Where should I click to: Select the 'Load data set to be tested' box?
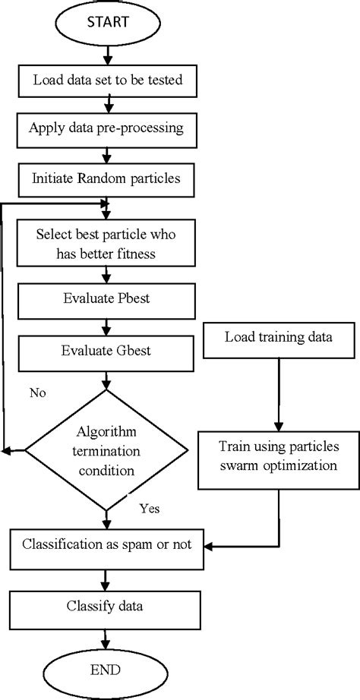pos(107,79)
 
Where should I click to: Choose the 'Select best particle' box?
pos(106,243)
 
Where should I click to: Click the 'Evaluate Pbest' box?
pos(106,300)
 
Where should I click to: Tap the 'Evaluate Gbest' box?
pos(106,350)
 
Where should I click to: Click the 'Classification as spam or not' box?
pos(106,544)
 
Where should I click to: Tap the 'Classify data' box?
pos(106,607)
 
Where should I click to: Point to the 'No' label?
pos(39,393)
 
